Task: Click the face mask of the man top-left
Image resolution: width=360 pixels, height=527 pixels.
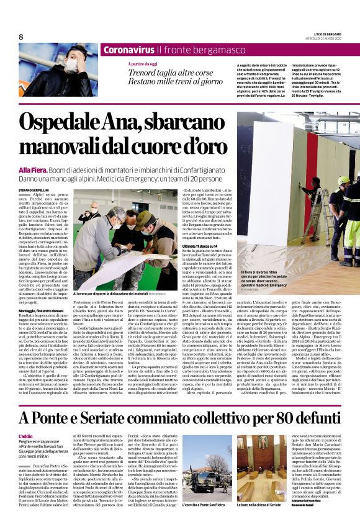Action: [71, 67]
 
